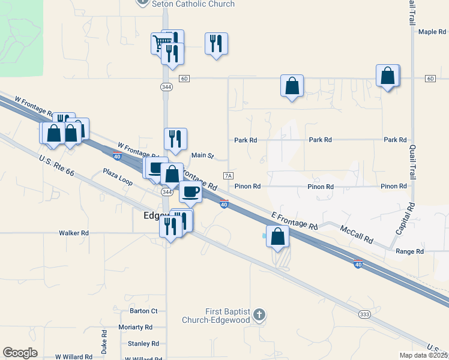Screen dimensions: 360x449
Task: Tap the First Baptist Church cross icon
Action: pos(259,314)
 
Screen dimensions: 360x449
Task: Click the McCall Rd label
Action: pos(357,234)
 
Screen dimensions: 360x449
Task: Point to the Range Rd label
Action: pos(410,251)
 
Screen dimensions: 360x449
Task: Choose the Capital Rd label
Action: pos(406,220)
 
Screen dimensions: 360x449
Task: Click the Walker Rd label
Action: pos(74,233)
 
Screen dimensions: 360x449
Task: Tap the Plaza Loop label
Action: pos(117,176)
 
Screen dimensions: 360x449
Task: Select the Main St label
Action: pos(202,155)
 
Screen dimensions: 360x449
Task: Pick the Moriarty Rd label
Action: pos(136,328)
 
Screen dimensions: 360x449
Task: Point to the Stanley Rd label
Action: pos(143,344)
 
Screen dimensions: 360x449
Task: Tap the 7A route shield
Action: pos(228,176)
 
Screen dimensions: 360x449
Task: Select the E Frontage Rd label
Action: pos(294,221)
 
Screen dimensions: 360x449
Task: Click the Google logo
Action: pos(20,353)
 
